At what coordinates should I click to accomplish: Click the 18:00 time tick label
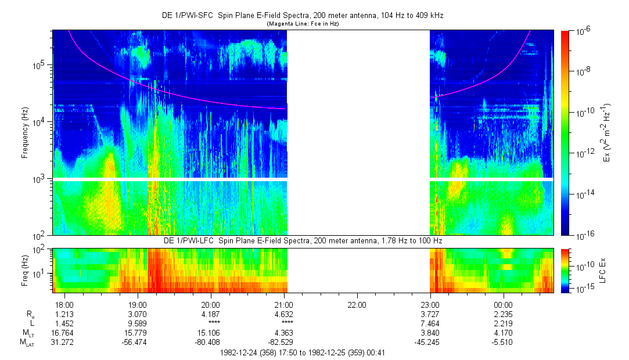[x=64, y=305]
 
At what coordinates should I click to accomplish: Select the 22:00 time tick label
[x=357, y=305]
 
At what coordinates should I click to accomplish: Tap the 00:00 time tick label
[x=503, y=305]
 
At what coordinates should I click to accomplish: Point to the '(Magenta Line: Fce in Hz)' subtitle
[x=302, y=24]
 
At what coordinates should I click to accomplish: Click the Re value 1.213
[x=64, y=314]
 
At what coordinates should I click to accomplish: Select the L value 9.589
[x=137, y=323]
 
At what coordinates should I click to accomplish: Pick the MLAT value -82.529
[x=283, y=342]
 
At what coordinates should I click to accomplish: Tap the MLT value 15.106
[x=210, y=333]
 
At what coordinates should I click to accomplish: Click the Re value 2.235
[x=503, y=314]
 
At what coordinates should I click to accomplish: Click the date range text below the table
[x=302, y=352]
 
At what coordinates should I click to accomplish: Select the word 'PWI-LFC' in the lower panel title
[x=195, y=240]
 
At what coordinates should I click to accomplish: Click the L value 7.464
[x=430, y=323]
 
